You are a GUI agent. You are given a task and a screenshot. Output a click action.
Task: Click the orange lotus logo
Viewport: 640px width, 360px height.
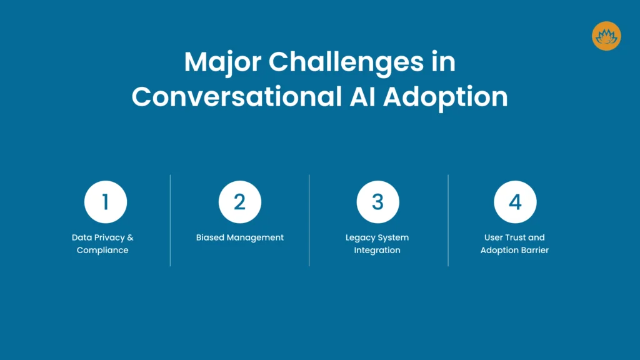(606, 36)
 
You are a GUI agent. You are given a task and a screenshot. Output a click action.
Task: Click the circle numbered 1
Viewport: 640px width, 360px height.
(106, 202)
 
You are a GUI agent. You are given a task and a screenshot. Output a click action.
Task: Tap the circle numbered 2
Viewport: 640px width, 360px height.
(240, 202)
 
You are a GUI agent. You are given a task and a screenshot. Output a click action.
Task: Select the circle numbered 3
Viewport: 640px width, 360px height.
(377, 202)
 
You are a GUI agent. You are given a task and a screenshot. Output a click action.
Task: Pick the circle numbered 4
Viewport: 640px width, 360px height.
(515, 202)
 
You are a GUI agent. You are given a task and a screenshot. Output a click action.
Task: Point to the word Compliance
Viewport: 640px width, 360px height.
(102, 250)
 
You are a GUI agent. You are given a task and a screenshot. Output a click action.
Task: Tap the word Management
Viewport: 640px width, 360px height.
(256, 237)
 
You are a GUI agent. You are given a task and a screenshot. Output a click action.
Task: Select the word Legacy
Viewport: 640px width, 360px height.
(359, 237)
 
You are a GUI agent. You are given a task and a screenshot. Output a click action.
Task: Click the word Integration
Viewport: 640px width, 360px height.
(377, 250)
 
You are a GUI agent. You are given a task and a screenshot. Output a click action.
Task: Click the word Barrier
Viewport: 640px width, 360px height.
(535, 250)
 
